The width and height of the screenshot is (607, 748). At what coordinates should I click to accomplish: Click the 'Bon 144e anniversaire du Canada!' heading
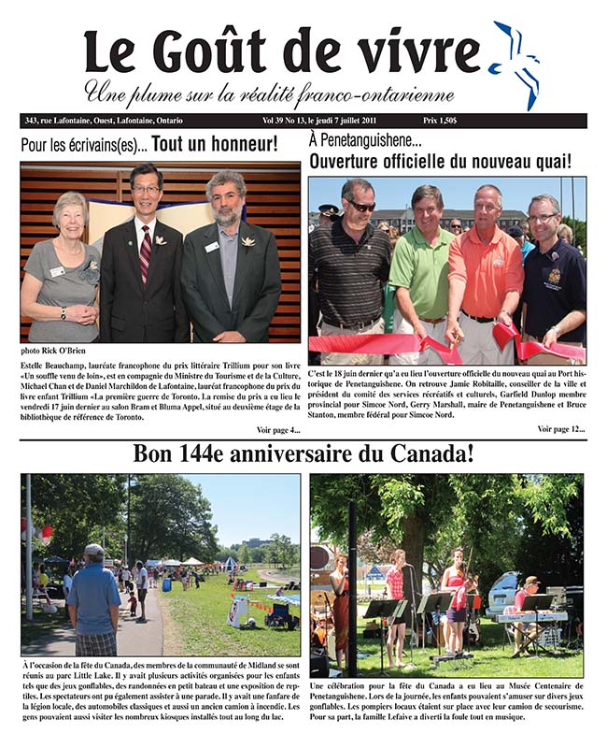coord(303,455)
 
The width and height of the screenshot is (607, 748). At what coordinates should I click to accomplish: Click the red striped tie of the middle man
coord(145,253)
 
